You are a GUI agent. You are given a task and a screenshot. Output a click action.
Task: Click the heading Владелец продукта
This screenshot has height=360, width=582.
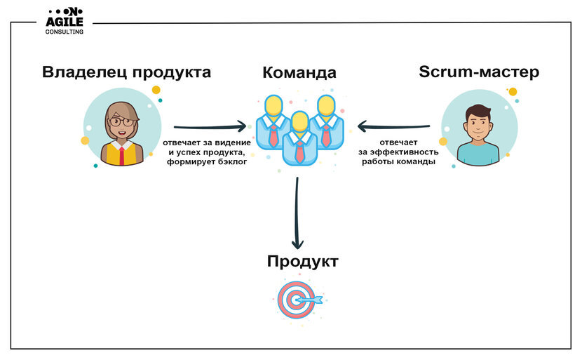point(126,72)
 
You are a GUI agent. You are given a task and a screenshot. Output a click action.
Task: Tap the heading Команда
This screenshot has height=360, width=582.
point(299,73)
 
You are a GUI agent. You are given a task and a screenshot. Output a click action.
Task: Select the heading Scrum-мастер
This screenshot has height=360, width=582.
point(479,72)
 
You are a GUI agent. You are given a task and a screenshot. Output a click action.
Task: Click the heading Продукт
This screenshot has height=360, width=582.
point(302,262)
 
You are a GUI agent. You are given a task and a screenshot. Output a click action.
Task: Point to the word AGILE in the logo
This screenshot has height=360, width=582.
point(65,22)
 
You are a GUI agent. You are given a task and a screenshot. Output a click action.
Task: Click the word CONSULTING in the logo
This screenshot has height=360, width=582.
point(65,32)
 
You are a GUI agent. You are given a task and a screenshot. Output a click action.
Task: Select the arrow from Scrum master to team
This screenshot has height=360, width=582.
point(394,127)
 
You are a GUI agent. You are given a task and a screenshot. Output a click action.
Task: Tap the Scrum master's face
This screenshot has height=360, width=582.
point(478,124)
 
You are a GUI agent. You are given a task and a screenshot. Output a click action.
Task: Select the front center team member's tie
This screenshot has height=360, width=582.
point(299,150)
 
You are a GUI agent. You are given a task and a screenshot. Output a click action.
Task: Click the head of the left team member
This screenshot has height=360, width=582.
point(274,106)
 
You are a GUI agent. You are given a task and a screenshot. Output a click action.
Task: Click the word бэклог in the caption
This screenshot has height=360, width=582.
point(229,162)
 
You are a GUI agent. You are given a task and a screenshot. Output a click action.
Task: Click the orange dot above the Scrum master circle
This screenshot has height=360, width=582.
point(513,92)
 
